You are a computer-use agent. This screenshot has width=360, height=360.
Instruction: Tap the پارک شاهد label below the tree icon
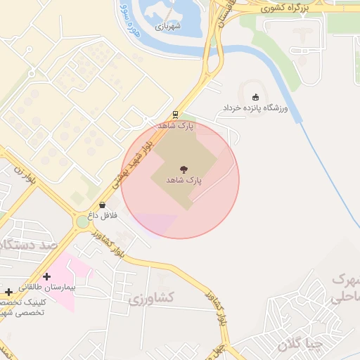point(184,181)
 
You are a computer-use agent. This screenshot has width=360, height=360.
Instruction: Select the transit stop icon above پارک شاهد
point(175,115)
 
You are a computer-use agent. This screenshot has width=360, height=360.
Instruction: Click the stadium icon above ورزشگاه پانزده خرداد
point(255,97)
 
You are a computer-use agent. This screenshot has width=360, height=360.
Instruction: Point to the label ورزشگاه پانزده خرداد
point(256,109)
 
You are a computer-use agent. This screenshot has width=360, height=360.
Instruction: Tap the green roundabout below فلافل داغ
point(84,222)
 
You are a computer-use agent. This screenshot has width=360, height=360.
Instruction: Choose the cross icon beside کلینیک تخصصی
point(8,291)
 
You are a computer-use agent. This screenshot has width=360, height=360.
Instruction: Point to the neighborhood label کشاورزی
point(151,299)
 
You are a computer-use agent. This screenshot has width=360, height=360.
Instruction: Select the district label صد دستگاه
point(28,245)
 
